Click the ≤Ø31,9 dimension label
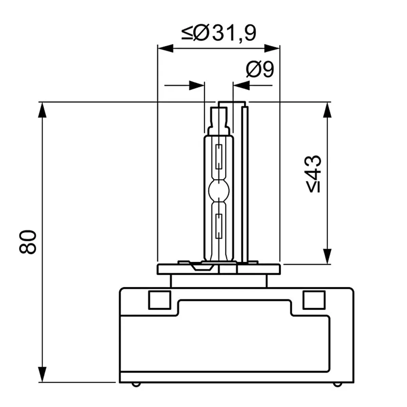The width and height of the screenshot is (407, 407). click(219, 33)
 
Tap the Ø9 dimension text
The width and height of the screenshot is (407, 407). click(260, 70)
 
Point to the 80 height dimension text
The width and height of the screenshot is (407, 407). click(28, 242)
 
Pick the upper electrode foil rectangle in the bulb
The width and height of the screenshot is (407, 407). click(219, 156)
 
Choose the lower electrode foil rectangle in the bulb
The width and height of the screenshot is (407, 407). click(219, 226)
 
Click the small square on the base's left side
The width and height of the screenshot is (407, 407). click(159, 300)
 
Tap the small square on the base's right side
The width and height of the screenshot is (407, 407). click(314, 300)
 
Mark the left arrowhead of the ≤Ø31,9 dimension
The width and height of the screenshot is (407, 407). click(166, 49)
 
